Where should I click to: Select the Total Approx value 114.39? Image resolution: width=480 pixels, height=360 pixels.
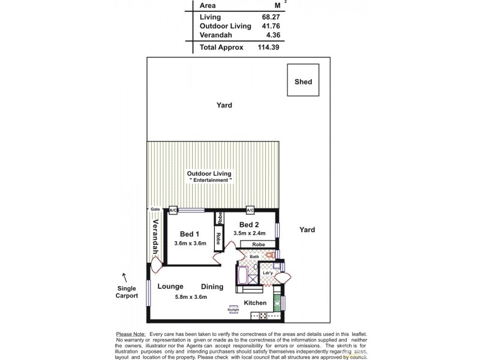pos(268,47)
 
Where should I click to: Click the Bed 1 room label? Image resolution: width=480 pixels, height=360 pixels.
pos(190,233)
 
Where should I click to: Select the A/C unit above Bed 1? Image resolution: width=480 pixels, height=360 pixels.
pos(173,211)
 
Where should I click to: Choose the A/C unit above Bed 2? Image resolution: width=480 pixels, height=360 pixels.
pos(250,210)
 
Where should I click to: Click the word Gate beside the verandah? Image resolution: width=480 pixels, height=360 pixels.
pos(154,209)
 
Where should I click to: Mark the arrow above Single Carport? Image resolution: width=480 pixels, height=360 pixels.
pos(124,277)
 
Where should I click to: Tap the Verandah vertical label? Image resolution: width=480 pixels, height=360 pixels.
pos(155,236)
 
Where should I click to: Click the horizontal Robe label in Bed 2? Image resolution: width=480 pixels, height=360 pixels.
pos(258,244)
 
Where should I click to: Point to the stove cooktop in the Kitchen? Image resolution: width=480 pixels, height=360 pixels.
pos(262,316)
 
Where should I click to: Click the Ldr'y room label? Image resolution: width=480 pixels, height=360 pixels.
pos(268,274)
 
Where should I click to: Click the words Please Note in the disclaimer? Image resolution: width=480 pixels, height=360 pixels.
pos(130,334)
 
